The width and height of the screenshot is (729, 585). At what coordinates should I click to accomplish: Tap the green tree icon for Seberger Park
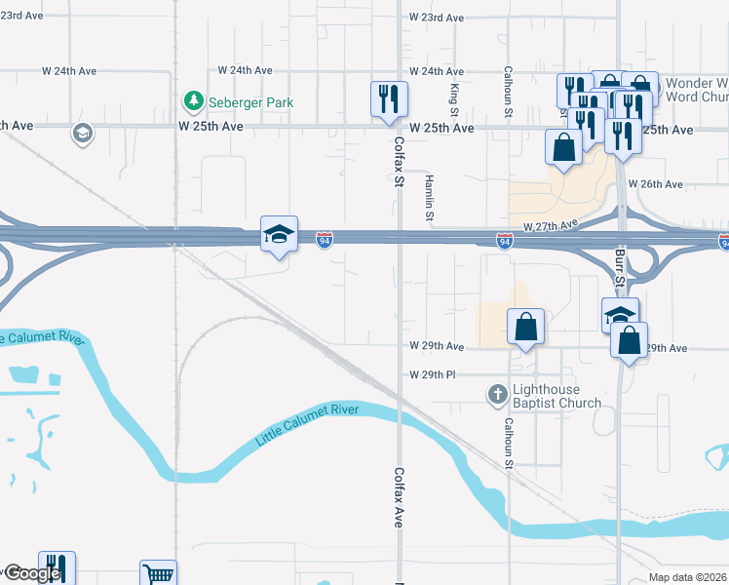pyautogui.click(x=194, y=100)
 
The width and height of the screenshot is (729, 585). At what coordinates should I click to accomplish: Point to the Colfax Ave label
pyautogui.click(x=400, y=497)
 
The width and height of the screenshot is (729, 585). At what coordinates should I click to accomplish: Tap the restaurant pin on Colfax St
pyautogui.click(x=388, y=99)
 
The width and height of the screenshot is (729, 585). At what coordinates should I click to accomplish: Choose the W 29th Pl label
pyautogui.click(x=433, y=375)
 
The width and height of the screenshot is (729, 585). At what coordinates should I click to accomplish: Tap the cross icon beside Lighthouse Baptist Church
pyautogui.click(x=497, y=395)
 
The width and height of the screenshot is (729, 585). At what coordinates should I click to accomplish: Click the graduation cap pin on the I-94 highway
pyautogui.click(x=279, y=235)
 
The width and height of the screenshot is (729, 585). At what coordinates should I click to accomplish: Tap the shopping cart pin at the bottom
pyautogui.click(x=157, y=573)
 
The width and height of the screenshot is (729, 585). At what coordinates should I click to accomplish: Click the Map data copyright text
pyautogui.click(x=688, y=577)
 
